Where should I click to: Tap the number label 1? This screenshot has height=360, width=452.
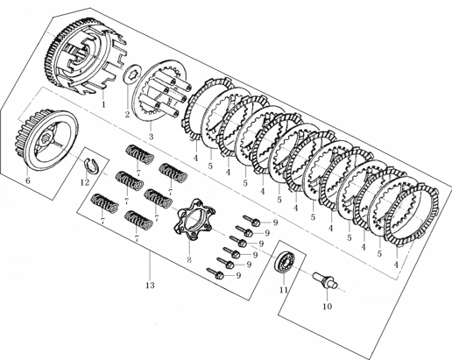[103, 103]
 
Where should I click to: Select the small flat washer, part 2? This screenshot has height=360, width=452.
[131, 74]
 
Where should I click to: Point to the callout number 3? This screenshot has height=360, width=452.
[151, 137]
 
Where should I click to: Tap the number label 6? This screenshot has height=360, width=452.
[28, 181]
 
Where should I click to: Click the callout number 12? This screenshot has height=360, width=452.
[84, 182]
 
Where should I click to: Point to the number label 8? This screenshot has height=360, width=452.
[188, 260]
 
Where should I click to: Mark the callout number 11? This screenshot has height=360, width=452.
[282, 289]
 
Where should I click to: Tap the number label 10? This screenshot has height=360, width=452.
[327, 307]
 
